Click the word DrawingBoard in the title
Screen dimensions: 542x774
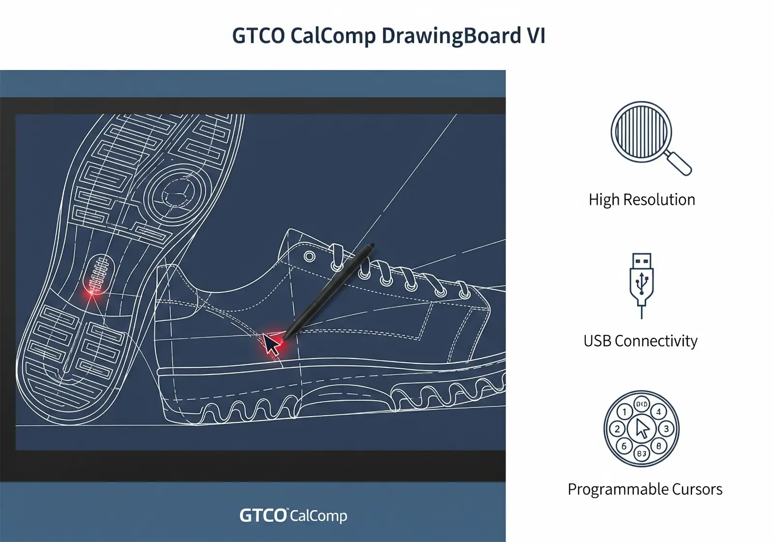451,36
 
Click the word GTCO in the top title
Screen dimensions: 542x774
258,36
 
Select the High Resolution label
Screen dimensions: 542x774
641,199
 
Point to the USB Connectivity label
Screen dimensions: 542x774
640,341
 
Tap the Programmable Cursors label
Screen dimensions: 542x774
645,489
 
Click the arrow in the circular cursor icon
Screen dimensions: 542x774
642,428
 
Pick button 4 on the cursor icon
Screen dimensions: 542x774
658,412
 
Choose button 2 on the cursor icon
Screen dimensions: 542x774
617,429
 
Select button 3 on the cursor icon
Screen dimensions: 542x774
666,429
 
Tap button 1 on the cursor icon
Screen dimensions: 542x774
625,412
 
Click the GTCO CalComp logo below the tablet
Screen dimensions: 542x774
293,515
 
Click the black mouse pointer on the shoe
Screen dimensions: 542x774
271,344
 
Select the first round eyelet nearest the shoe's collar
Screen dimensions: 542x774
310,256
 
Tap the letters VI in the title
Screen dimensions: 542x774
536,36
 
